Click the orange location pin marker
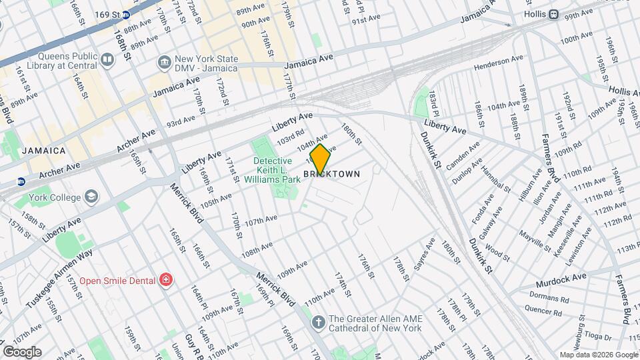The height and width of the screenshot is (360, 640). [x=321, y=159]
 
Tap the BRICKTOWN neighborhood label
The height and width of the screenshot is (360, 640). [x=332, y=174]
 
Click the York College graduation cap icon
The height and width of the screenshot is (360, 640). [x=91, y=197]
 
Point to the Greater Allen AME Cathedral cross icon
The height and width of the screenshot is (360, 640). [x=319, y=323]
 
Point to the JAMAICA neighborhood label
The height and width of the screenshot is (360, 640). [x=44, y=151]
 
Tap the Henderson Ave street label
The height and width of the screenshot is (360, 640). [x=497, y=64]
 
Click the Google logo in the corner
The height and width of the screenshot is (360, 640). [x=22, y=351]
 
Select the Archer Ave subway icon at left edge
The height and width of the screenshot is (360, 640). [x=21, y=181]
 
